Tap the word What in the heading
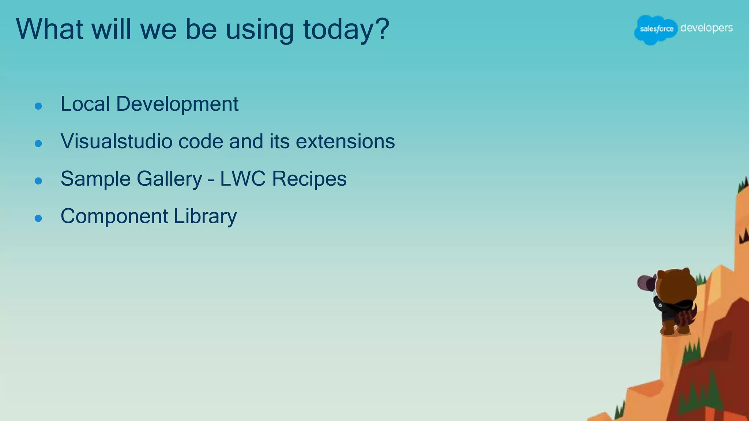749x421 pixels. pyautogui.click(x=50, y=29)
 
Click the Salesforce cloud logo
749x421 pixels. pyautogui.click(x=655, y=29)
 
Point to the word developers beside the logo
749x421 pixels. pyautogui.click(x=706, y=28)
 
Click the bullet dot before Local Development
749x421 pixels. pyautogui.click(x=38, y=106)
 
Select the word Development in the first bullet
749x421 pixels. pyautogui.click(x=177, y=105)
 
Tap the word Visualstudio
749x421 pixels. pyautogui.click(x=116, y=141)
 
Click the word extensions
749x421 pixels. pyautogui.click(x=345, y=141)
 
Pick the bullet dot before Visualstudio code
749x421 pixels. pyautogui.click(x=38, y=144)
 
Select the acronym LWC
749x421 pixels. pyautogui.click(x=242, y=179)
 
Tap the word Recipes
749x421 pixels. pyautogui.click(x=309, y=179)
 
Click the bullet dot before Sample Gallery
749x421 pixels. pyautogui.click(x=38, y=181)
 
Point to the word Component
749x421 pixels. pyautogui.click(x=114, y=216)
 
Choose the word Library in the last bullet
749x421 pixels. pyautogui.click(x=205, y=216)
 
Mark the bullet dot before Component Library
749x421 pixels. pyautogui.click(x=38, y=219)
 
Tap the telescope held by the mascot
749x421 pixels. pyautogui.click(x=646, y=282)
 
